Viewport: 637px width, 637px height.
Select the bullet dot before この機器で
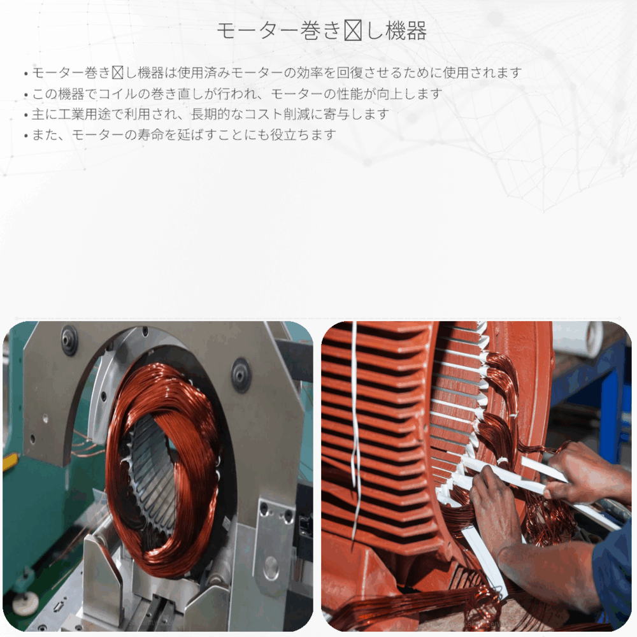point(25,94)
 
